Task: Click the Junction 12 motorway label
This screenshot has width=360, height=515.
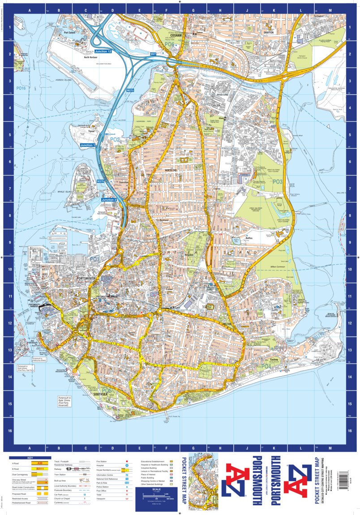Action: point(103,51)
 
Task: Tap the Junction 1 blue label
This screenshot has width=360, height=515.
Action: point(88,146)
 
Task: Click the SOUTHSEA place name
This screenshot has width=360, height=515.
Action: point(101,394)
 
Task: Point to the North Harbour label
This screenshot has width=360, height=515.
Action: point(91,57)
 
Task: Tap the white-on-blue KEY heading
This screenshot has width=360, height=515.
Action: point(30,458)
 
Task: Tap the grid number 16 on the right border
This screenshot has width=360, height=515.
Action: point(350,430)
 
